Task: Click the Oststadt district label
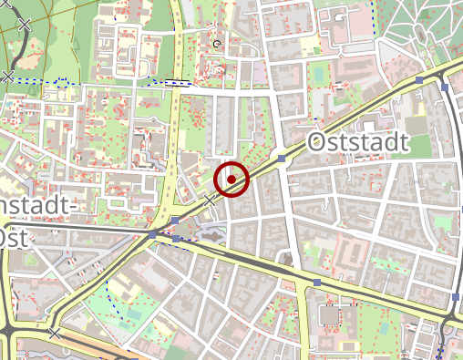click(358, 143)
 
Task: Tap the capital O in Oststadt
click(317, 143)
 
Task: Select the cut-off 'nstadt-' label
click(35, 208)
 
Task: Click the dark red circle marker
click(232, 178)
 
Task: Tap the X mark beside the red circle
click(211, 200)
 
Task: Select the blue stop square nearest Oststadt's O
click(283, 159)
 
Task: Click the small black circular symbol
click(217, 43)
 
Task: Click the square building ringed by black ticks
click(328, 316)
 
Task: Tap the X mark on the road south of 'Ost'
click(56, 334)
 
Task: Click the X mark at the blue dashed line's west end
click(8, 77)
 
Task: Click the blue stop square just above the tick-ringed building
click(316, 282)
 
